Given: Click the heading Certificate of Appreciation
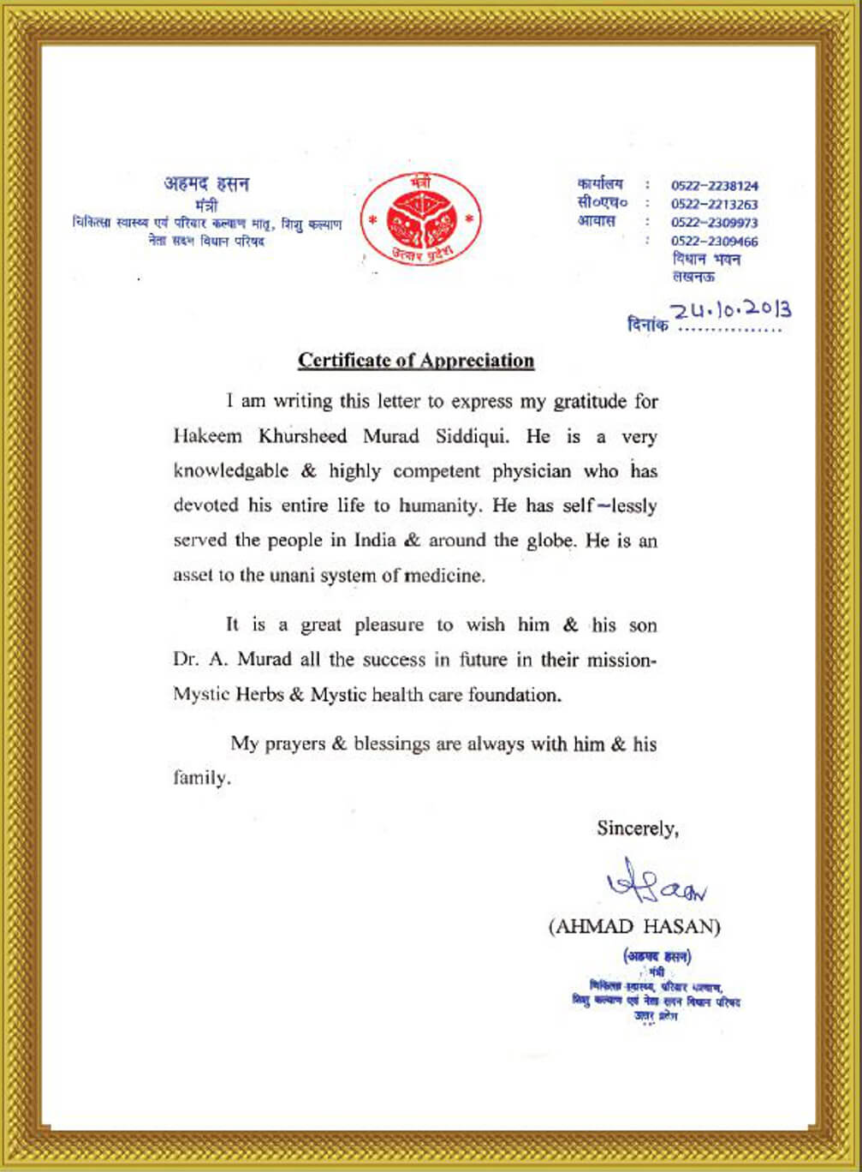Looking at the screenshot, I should coord(416,361).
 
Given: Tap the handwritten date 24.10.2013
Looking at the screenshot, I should coord(731,310).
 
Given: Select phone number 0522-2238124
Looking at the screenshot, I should coord(715,186).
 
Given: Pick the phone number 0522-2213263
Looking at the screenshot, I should coord(715,205).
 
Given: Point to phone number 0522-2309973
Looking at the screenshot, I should coord(715,223).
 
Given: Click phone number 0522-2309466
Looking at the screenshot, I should coord(715,242).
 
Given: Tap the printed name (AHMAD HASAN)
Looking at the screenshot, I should coord(634,927).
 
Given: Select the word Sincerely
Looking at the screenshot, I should coord(637,828).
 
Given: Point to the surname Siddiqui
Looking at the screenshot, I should coord(472,436).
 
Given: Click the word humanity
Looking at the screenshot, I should coord(437,505).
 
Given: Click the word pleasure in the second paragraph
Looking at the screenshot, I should coord(389,625).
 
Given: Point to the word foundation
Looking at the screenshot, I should coord(514,695).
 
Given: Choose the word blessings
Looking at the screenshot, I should coord(391,744).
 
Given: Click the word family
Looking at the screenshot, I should coord(202,779).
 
